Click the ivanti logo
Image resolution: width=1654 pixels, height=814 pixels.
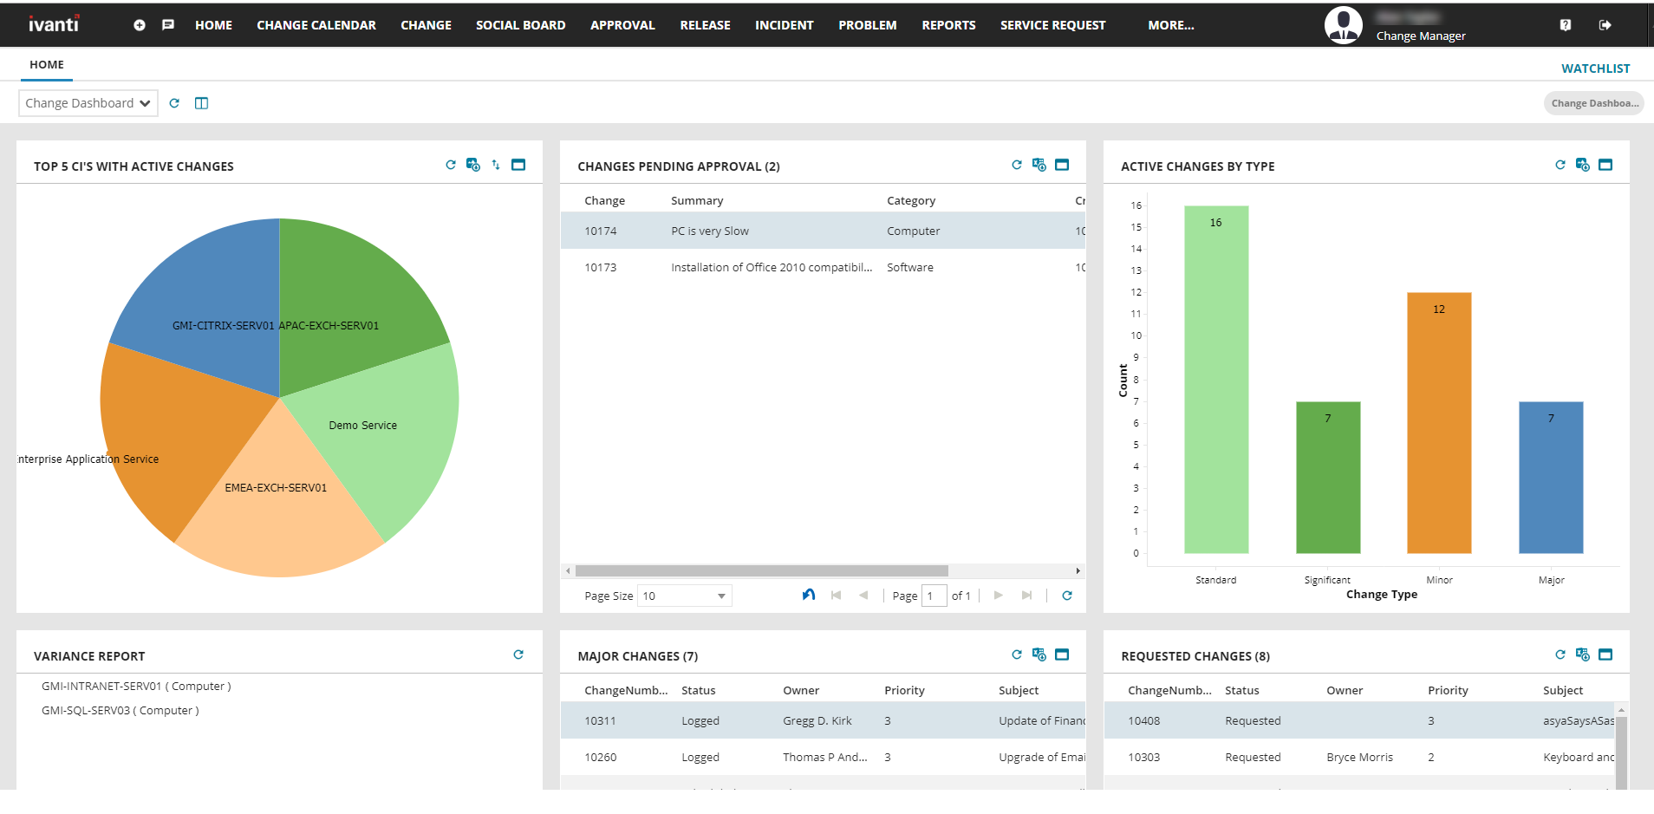pyautogui.click(x=54, y=24)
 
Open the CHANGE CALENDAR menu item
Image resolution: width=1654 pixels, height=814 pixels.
pyautogui.click(x=316, y=25)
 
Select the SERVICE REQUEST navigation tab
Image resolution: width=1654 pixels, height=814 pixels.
pyautogui.click(x=1052, y=25)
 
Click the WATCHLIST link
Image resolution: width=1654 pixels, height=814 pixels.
pyautogui.click(x=1595, y=68)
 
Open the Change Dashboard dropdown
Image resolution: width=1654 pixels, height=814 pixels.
pyautogui.click(x=88, y=103)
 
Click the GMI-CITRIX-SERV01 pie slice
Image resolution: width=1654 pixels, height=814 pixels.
pyautogui.click(x=208, y=295)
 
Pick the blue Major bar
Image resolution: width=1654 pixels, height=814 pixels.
pyautogui.click(x=1551, y=477)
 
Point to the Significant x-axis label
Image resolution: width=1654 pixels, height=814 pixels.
pyautogui.click(x=1327, y=580)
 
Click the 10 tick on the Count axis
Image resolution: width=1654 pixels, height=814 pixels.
pyautogui.click(x=1136, y=335)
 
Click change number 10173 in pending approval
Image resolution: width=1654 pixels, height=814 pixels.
pyautogui.click(x=600, y=268)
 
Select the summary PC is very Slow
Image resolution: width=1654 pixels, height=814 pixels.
pyautogui.click(x=710, y=231)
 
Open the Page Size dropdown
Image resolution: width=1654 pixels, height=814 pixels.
pyautogui.click(x=685, y=596)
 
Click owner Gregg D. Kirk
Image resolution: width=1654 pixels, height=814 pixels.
pyautogui.click(x=817, y=721)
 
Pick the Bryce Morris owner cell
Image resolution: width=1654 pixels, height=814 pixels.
pyautogui.click(x=1359, y=758)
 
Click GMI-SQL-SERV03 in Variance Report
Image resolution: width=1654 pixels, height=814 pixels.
pyautogui.click(x=120, y=711)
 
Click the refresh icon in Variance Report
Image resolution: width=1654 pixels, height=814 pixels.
pyautogui.click(x=518, y=654)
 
